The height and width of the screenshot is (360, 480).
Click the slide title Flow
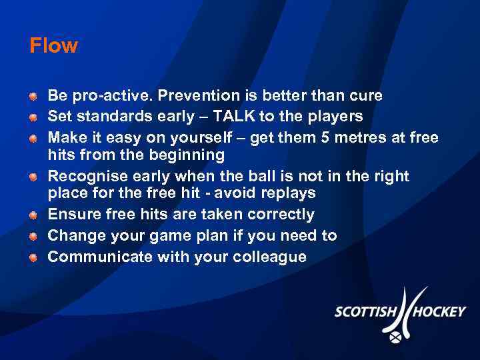click(x=53, y=46)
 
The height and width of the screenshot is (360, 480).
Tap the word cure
click(x=364, y=95)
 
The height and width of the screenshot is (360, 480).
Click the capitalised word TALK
click(x=233, y=117)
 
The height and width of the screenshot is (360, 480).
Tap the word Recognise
click(x=84, y=176)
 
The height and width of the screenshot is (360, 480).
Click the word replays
click(x=290, y=194)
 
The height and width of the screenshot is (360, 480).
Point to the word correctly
click(x=281, y=215)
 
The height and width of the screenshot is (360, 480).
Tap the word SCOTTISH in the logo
click(x=365, y=311)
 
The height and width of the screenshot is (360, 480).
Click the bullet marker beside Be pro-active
click(x=33, y=97)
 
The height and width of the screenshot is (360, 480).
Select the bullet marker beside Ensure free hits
click(x=33, y=215)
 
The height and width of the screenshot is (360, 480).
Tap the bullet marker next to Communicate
click(x=33, y=258)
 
